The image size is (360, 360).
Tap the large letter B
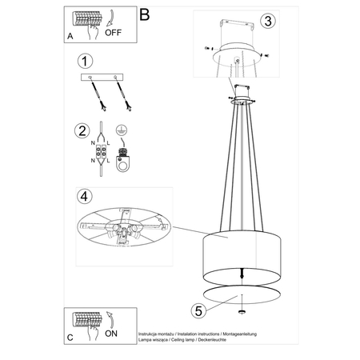pos(144,14)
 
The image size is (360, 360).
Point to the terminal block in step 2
pos(102,153)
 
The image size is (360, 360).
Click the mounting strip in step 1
pos(102,78)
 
